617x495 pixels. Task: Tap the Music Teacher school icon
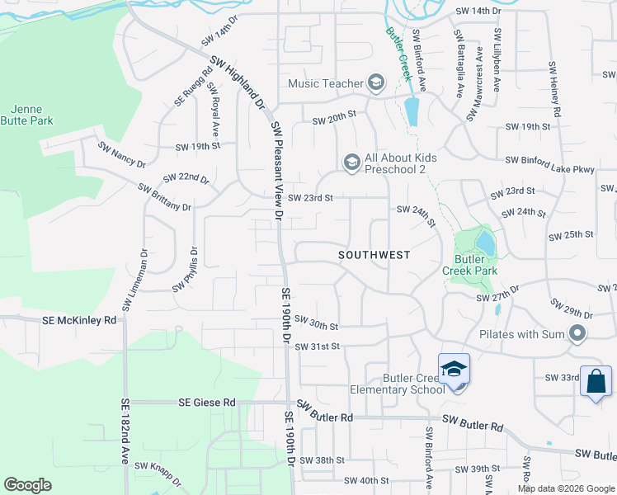tap(376, 82)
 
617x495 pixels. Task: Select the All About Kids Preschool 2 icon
tap(351, 161)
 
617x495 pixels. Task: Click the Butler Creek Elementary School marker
tap(454, 370)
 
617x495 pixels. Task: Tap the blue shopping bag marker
tap(596, 381)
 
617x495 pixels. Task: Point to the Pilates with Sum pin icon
tap(577, 334)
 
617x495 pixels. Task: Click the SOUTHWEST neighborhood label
tap(374, 256)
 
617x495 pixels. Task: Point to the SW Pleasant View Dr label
tap(277, 172)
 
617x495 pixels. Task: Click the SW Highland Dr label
tap(237, 82)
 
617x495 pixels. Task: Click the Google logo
tap(28, 485)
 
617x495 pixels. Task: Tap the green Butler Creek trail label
tap(398, 54)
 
